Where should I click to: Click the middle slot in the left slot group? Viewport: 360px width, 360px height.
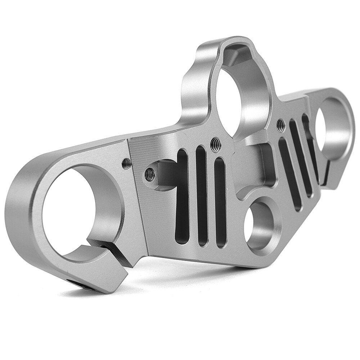click(202, 196)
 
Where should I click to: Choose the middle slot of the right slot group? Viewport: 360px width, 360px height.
click(301, 158)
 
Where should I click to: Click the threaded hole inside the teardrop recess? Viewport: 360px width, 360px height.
click(150, 175)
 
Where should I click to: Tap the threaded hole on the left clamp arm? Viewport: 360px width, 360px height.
click(127, 164)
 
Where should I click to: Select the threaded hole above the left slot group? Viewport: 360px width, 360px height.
click(216, 144)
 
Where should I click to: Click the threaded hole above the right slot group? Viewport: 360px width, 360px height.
click(280, 125)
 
